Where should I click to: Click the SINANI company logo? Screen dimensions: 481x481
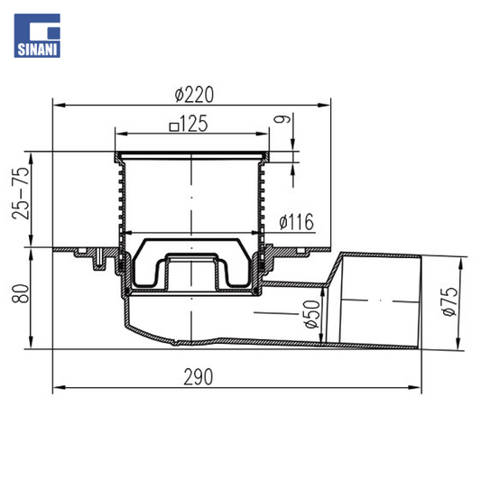[37, 35]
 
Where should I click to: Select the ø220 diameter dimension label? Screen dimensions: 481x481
[194, 94]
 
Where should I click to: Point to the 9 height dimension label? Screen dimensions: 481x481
[282, 119]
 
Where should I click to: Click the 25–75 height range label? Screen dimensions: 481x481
[21, 193]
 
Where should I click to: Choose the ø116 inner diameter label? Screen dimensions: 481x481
[297, 221]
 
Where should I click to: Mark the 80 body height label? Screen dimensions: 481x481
[21, 293]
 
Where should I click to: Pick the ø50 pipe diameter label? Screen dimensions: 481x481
[312, 314]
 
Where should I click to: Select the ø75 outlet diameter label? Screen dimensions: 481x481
[449, 301]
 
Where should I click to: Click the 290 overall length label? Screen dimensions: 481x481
[199, 376]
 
